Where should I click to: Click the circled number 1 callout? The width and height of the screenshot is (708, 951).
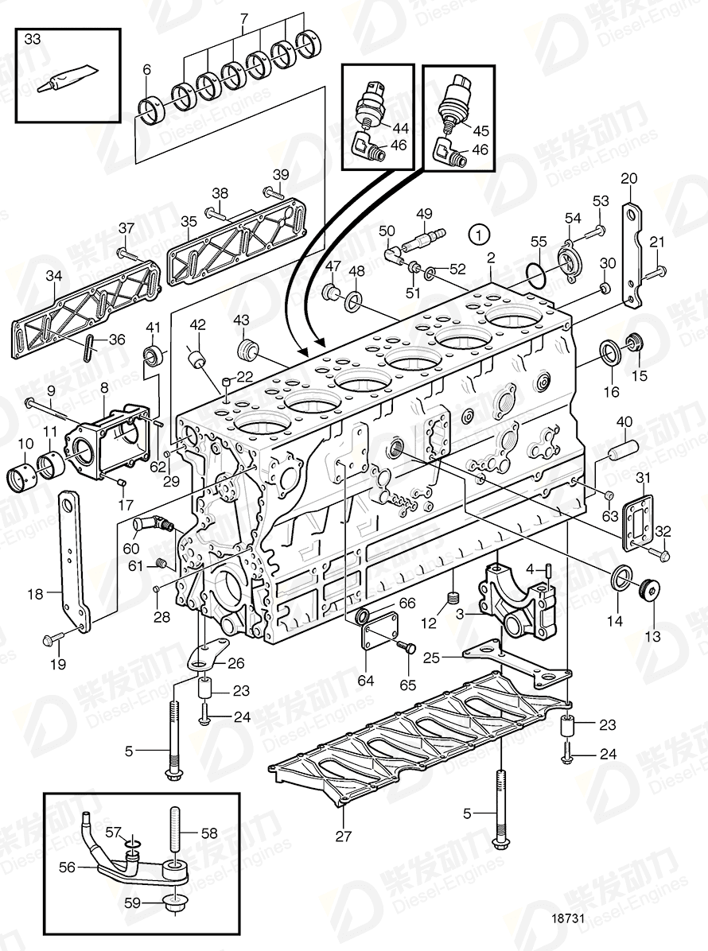(x=477, y=234)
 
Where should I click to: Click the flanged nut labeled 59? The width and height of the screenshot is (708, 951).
(x=173, y=904)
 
